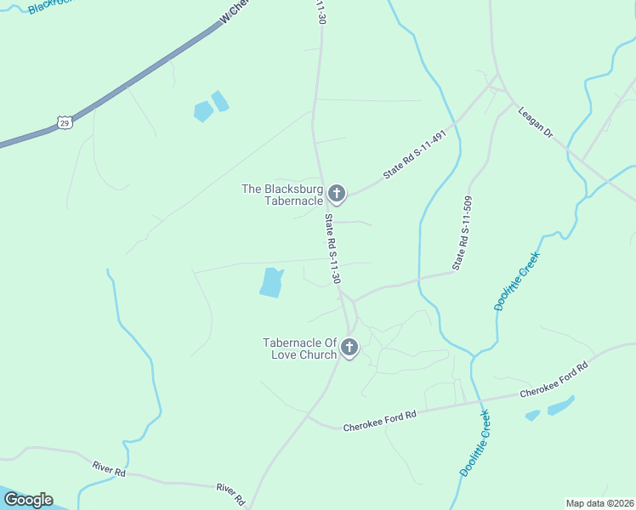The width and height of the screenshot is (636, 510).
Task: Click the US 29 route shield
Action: (65, 123)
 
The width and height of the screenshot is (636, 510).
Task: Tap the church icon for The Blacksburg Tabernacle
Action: (337, 195)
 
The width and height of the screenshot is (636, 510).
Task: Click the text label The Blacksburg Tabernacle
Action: (282, 195)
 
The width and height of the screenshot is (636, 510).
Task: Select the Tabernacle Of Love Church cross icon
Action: (349, 347)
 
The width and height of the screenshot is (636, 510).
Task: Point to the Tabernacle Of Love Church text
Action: (300, 348)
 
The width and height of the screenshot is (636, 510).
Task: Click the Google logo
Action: (28, 500)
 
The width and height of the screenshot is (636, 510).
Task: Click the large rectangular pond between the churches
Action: (270, 282)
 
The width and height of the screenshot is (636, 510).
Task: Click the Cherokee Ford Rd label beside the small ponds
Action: (554, 380)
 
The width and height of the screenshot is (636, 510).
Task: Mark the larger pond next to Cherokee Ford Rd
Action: (560, 405)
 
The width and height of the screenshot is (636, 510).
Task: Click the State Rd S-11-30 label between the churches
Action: (332, 248)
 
